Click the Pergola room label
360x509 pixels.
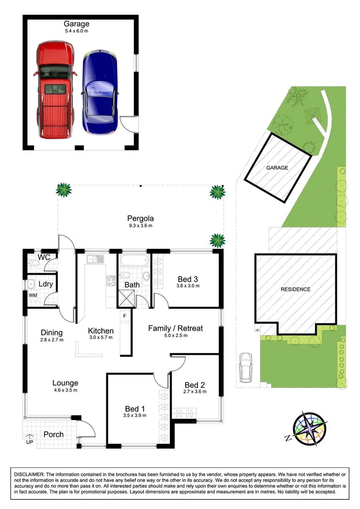point(140,218)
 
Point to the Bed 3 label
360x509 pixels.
point(188,279)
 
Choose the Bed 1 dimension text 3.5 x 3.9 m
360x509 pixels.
point(135,415)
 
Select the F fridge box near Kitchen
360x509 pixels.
point(124,316)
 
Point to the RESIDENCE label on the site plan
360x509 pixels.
point(296,290)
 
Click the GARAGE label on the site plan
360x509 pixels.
point(277,168)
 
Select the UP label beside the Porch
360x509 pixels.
point(29,441)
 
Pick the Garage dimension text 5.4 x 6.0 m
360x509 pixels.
point(76,31)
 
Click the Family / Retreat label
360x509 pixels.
point(175,328)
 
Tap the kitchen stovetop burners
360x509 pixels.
point(111,280)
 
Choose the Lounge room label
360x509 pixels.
point(65,383)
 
